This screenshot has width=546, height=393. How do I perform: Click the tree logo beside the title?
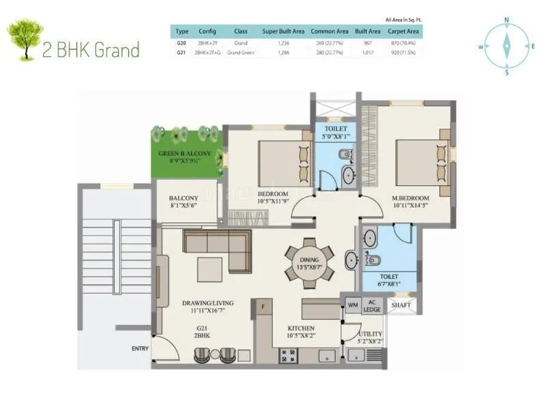tap(24, 40)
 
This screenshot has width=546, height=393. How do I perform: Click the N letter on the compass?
tap(506, 20)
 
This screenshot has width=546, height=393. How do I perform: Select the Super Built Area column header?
tap(283, 31)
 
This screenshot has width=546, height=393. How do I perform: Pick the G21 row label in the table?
tap(182, 52)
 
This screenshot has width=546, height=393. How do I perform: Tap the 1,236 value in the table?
tap(283, 42)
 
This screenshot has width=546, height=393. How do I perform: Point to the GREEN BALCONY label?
tap(184, 154)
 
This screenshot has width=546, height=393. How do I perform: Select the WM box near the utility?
tap(352, 305)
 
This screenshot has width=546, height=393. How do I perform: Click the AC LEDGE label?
tap(372, 305)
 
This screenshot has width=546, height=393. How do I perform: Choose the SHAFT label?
tap(401, 305)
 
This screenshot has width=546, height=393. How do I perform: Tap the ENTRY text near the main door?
tap(140, 349)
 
